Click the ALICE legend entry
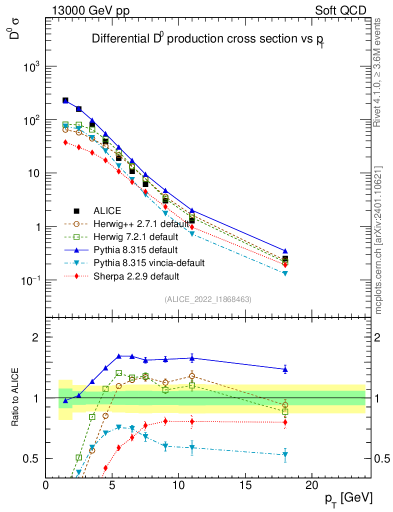pos(107,211)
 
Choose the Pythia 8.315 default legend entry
pos(128,249)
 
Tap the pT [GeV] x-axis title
pos(348,498)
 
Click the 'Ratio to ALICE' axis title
pos(16,397)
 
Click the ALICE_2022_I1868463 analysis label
pos(207,299)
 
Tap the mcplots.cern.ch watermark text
pos(378,240)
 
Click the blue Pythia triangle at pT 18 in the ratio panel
pos(285,369)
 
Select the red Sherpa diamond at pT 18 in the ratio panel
pos(285,422)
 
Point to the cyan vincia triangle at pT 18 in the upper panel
pos(285,273)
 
